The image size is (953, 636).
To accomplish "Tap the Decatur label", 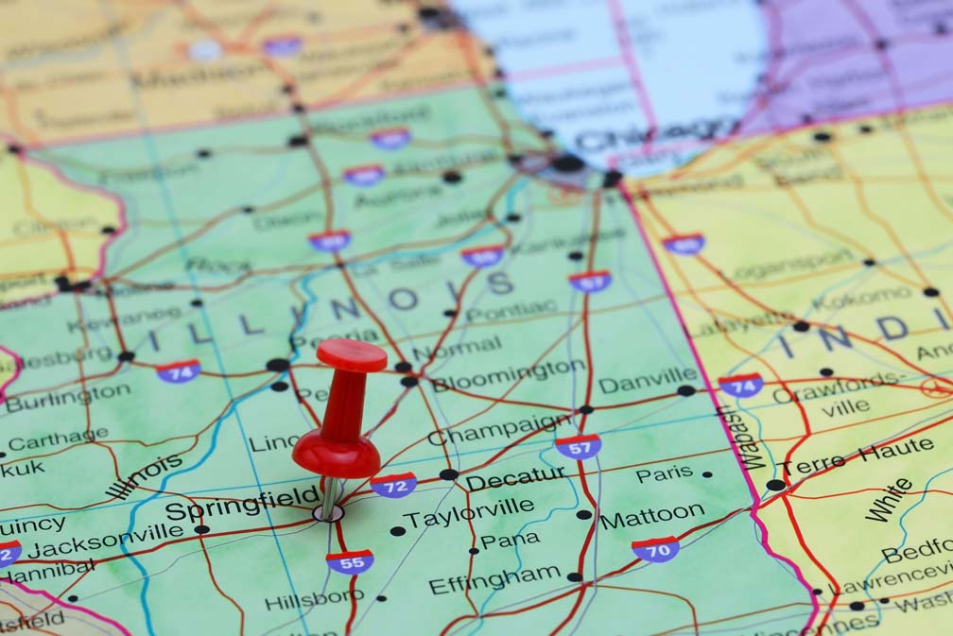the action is pos(514,479).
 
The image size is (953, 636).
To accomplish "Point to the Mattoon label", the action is pos(652,516).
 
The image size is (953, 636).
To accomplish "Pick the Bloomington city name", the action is pos(508,375).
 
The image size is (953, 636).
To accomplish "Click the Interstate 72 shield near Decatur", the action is pos(393,485).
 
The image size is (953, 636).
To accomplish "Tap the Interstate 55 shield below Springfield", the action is pos(350,561).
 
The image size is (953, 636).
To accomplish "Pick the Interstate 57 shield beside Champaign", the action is pos(578,446).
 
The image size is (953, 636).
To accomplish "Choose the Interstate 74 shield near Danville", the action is pos(741,386).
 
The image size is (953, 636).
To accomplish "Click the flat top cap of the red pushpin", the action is pos(351,354).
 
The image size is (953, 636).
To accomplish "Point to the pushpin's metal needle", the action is pos(329,498).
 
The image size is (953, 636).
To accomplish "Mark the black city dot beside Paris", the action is pos(707,474).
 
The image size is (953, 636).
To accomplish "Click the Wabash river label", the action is pos(729,438).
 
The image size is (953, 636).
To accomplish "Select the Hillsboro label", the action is pos(314,599).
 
